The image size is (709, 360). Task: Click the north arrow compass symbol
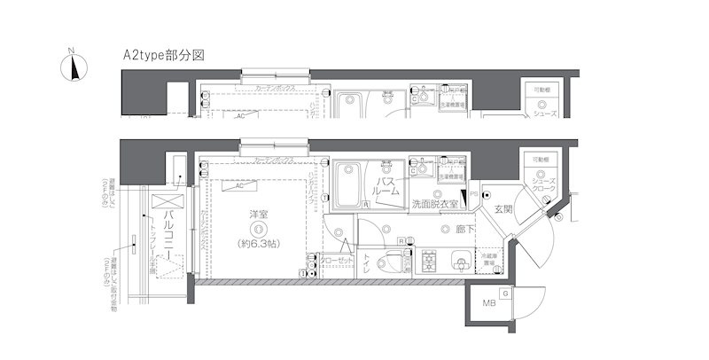(73, 67)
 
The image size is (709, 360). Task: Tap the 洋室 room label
(259, 215)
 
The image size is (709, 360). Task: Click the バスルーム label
(387, 188)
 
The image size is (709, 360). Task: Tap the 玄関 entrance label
(503, 210)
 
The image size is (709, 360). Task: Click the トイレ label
(367, 261)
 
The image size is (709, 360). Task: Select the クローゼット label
(338, 261)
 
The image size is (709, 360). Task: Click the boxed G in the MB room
(504, 293)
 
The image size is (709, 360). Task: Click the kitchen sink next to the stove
(458, 262)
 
